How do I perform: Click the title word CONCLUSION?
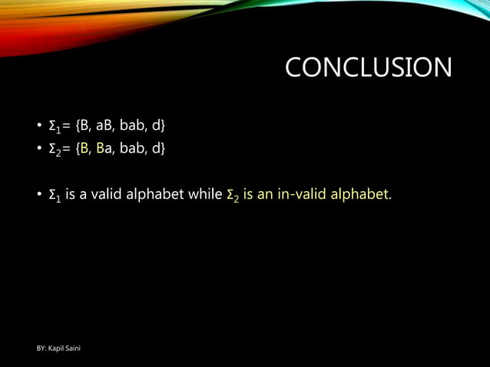[x=368, y=68]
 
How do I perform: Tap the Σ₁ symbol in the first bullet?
[x=55, y=126]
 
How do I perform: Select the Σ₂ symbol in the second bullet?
[x=55, y=148]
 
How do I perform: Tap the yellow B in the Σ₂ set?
[x=84, y=147]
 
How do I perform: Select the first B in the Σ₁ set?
[x=84, y=125]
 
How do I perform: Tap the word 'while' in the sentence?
[x=205, y=195]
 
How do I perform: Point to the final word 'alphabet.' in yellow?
[x=360, y=195]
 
